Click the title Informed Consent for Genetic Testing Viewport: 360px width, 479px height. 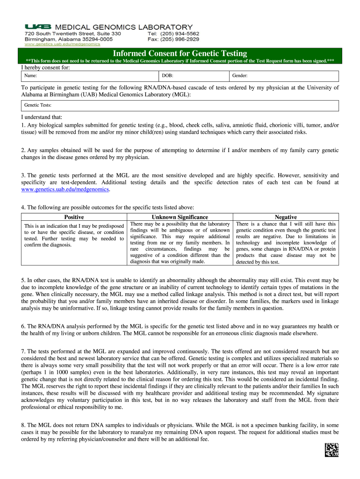pyautogui.click(x=180, y=53)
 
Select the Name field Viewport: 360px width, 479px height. pyautogui.click(x=89, y=75)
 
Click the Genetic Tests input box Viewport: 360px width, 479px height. pyautogui.click(x=180, y=105)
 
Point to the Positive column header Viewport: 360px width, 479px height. pyautogui.click(x=74, y=217)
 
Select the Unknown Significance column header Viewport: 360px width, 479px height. pyautogui.click(x=180, y=217)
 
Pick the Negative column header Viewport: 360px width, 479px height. pyautogui.click(x=286, y=217)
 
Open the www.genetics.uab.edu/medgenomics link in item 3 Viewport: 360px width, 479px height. pyautogui.click(x=65, y=189)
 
